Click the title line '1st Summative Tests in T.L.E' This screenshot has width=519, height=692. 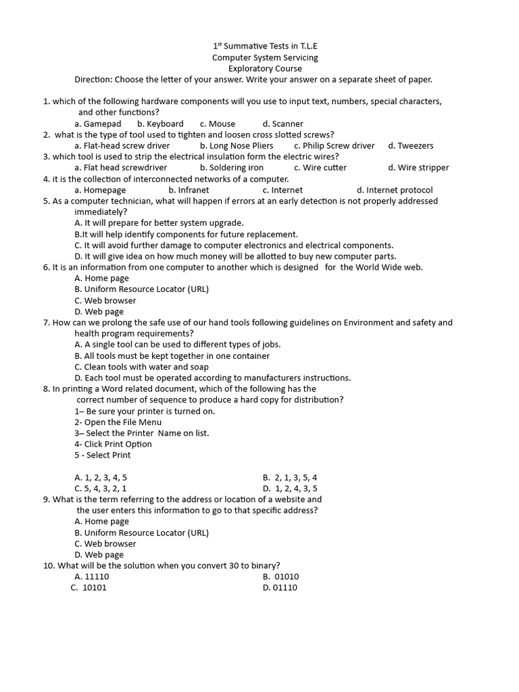(265, 46)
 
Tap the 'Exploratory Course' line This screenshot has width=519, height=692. (265, 68)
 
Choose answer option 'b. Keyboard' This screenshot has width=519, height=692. (160, 124)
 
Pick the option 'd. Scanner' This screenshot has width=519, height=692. (282, 124)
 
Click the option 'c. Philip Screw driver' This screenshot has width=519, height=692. (334, 145)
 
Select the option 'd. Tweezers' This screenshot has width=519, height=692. (411, 145)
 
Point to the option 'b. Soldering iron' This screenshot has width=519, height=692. (232, 168)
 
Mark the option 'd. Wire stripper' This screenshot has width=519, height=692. (418, 168)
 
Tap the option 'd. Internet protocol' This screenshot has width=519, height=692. (395, 190)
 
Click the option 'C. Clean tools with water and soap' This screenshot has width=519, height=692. (142, 367)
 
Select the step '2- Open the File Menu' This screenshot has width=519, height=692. (118, 422)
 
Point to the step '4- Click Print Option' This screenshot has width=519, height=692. (114, 444)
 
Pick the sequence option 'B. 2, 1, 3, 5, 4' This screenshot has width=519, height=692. (290, 477)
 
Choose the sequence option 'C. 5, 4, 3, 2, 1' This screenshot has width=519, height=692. (101, 488)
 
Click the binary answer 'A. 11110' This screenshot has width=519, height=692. (92, 576)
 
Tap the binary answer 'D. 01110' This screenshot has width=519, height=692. (280, 587)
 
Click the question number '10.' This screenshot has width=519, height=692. (49, 566)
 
